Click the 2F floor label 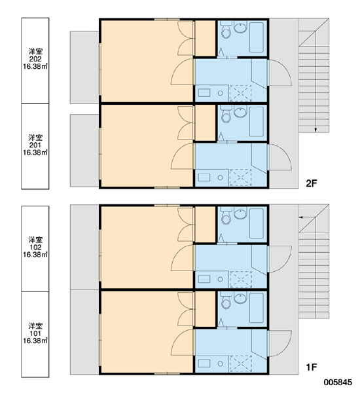[x=312, y=183]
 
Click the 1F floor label [x=312, y=367]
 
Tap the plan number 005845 [x=338, y=383]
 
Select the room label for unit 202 [x=35, y=59]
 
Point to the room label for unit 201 [x=35, y=145]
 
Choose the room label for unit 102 [x=35, y=247]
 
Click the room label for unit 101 [x=35, y=333]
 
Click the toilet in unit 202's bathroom [x=226, y=29]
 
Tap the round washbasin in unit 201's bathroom [x=240, y=112]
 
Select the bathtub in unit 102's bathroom [x=257, y=223]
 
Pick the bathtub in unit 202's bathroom [x=257, y=37]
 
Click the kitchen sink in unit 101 [x=204, y=364]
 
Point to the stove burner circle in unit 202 [x=220, y=93]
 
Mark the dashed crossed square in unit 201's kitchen [x=240, y=178]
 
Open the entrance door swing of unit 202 [x=279, y=73]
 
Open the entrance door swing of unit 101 [x=280, y=344]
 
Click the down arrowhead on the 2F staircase [x=315, y=130]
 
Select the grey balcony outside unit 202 [x=84, y=67]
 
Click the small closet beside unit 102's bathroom [x=205, y=224]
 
